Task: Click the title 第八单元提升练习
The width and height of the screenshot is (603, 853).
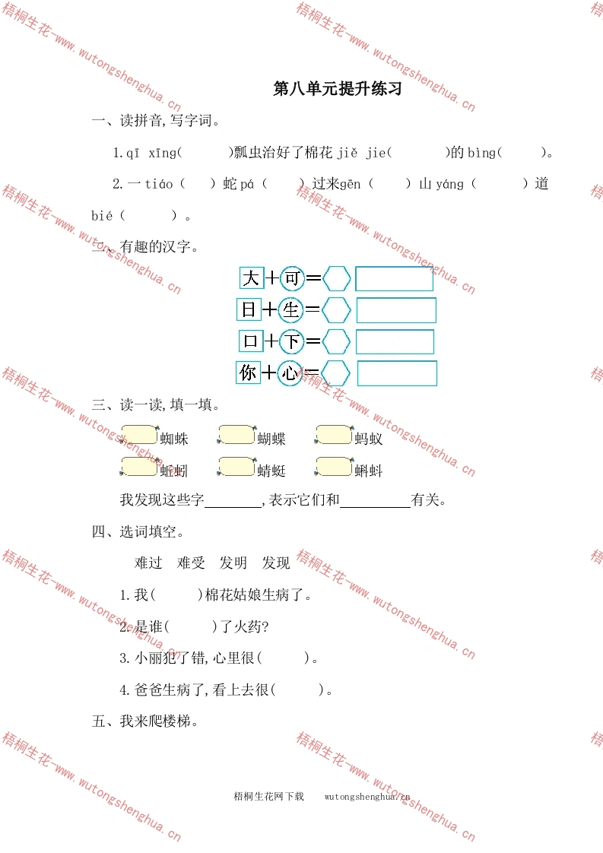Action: (x=338, y=88)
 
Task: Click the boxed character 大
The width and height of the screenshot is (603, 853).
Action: (x=252, y=278)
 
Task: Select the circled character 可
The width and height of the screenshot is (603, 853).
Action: (x=292, y=278)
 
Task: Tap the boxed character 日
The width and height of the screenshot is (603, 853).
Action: (x=249, y=309)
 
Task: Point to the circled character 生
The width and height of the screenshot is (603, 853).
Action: (x=290, y=310)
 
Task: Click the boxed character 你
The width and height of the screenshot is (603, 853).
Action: (x=248, y=373)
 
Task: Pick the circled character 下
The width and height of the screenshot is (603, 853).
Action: (x=292, y=341)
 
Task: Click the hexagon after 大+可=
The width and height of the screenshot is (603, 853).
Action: (x=337, y=278)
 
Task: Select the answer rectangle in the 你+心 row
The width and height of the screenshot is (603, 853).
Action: (x=397, y=374)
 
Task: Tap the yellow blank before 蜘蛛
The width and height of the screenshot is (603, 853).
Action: (x=139, y=435)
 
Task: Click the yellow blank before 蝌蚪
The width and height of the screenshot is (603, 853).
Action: (x=334, y=467)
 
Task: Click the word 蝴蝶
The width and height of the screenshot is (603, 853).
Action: (x=271, y=439)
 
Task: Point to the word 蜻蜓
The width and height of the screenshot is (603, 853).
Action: (x=271, y=471)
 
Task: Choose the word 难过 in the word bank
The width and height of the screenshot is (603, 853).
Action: (x=148, y=563)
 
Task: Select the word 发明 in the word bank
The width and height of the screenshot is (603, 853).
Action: (x=233, y=563)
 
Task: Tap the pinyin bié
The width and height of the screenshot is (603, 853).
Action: (x=102, y=215)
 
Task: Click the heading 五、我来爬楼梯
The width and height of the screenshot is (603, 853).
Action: (x=144, y=721)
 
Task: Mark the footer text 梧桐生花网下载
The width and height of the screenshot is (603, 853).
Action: (x=269, y=797)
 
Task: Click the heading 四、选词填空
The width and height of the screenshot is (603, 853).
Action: (x=138, y=531)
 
